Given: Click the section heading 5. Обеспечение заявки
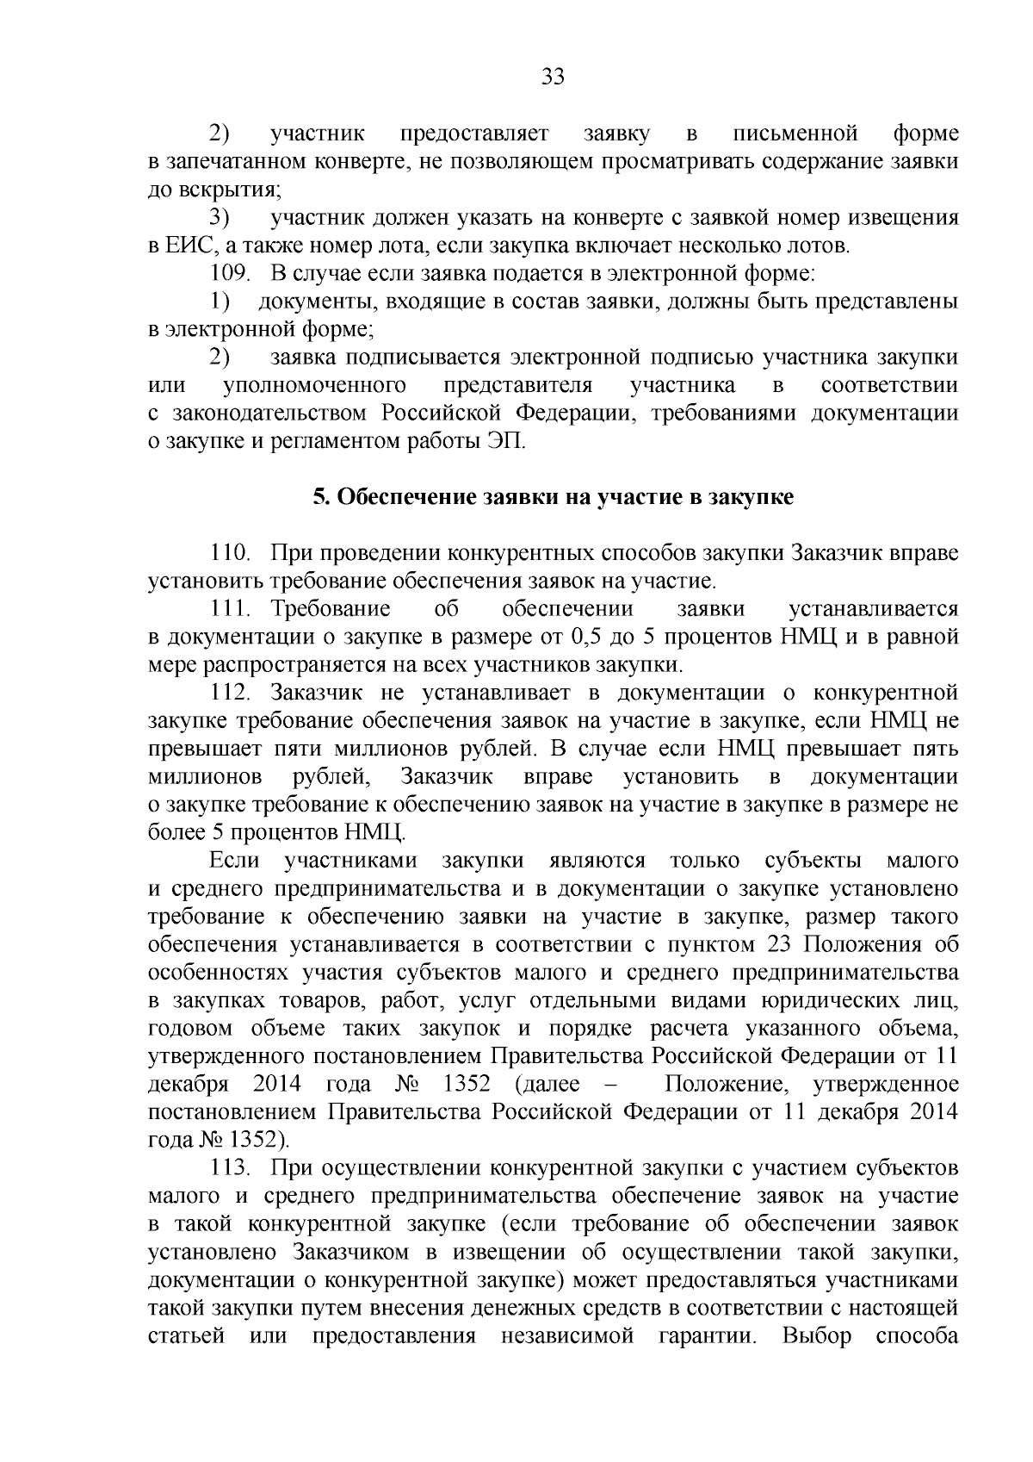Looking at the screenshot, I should [553, 498].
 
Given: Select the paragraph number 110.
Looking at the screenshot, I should [230, 552].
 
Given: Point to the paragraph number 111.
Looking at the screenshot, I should [230, 609].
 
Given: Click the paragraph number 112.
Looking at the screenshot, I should [230, 693].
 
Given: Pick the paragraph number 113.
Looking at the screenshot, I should [230, 1168].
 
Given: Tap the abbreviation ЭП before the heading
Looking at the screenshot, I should [503, 443].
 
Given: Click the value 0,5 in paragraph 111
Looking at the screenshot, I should [586, 638].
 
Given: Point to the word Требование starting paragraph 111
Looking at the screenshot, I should [331, 609].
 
